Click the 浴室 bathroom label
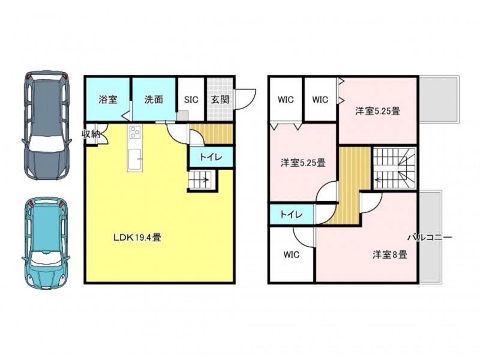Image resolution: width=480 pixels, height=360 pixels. click(x=108, y=100)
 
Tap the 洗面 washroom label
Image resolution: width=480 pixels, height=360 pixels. click(x=154, y=100)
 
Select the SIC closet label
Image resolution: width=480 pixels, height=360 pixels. click(x=191, y=100)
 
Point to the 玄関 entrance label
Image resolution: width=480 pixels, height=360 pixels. click(x=220, y=100)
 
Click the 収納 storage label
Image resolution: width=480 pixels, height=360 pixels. click(x=91, y=133)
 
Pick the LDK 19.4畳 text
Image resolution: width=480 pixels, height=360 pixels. click(x=137, y=238)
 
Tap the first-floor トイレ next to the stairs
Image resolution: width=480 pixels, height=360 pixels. click(x=211, y=157)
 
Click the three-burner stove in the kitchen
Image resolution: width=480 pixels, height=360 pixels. click(x=135, y=133)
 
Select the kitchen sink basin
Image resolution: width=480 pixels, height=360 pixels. click(x=136, y=159)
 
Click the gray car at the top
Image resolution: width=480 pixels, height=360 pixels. click(x=46, y=125)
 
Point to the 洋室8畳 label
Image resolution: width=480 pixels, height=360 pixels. click(x=389, y=254)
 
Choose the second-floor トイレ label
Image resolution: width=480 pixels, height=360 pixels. click(x=292, y=214)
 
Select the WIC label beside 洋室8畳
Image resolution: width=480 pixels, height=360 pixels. click(x=292, y=254)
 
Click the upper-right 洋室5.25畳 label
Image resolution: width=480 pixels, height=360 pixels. click(x=378, y=111)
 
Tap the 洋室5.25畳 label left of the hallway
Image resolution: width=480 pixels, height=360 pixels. click(x=303, y=163)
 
